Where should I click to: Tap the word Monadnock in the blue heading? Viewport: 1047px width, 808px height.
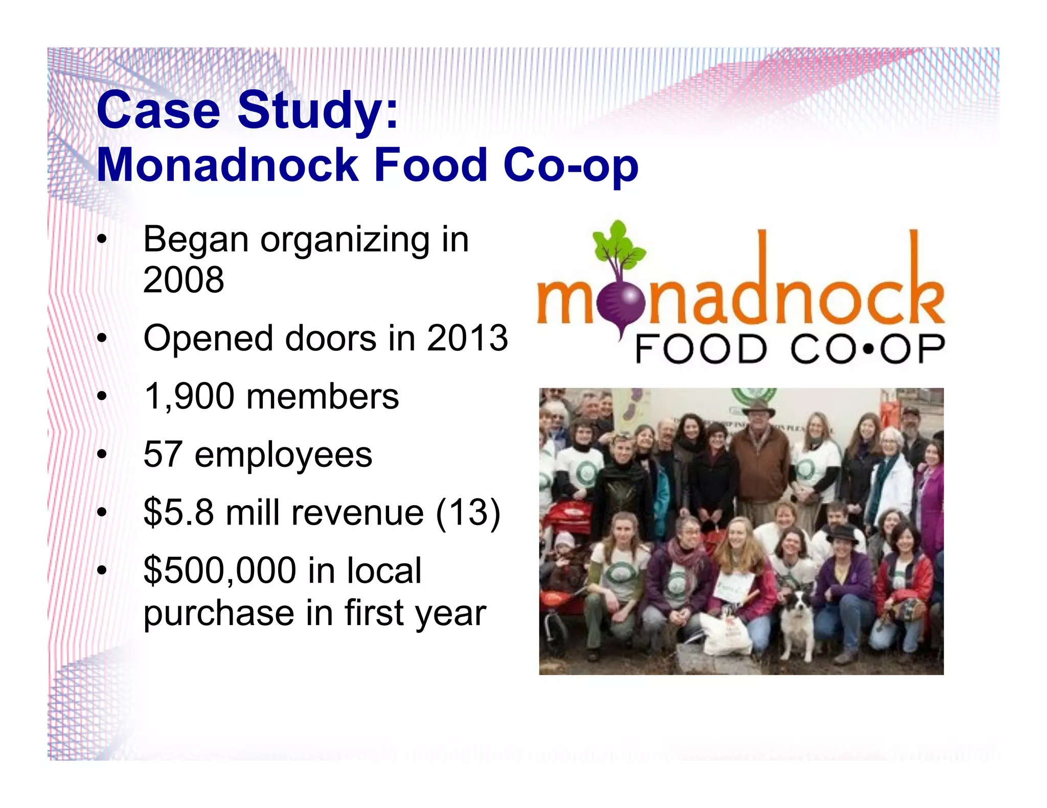(227, 165)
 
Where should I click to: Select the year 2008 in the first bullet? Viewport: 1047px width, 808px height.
(184, 280)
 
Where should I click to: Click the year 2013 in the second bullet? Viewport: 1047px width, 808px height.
(467, 338)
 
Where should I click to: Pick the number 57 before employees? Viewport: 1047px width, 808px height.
(163, 454)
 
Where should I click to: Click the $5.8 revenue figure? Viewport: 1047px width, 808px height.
(178, 512)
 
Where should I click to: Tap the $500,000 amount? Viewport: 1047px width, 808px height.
(220, 571)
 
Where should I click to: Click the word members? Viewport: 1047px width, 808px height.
(322, 396)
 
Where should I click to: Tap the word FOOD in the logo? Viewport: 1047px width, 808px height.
(700, 350)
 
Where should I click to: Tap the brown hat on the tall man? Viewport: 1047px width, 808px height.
(759, 408)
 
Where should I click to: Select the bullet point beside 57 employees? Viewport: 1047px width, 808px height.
(102, 454)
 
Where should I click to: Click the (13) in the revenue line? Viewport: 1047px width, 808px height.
(467, 512)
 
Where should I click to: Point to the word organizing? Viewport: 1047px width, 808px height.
(345, 240)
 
